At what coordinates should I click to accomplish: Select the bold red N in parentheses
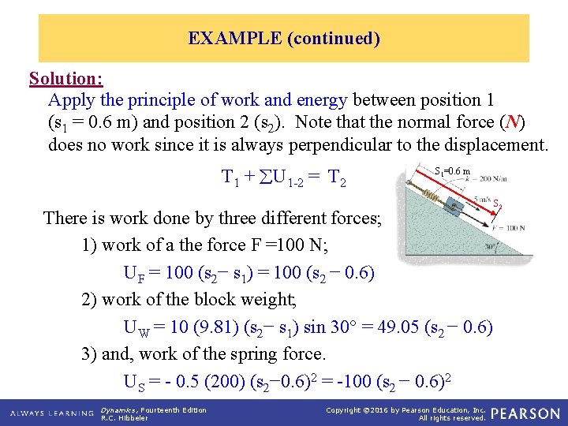[x=514, y=122]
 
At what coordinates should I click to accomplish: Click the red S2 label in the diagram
[x=497, y=204]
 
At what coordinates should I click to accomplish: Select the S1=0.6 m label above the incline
[x=452, y=171]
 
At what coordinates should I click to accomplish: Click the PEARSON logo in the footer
[x=528, y=413]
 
